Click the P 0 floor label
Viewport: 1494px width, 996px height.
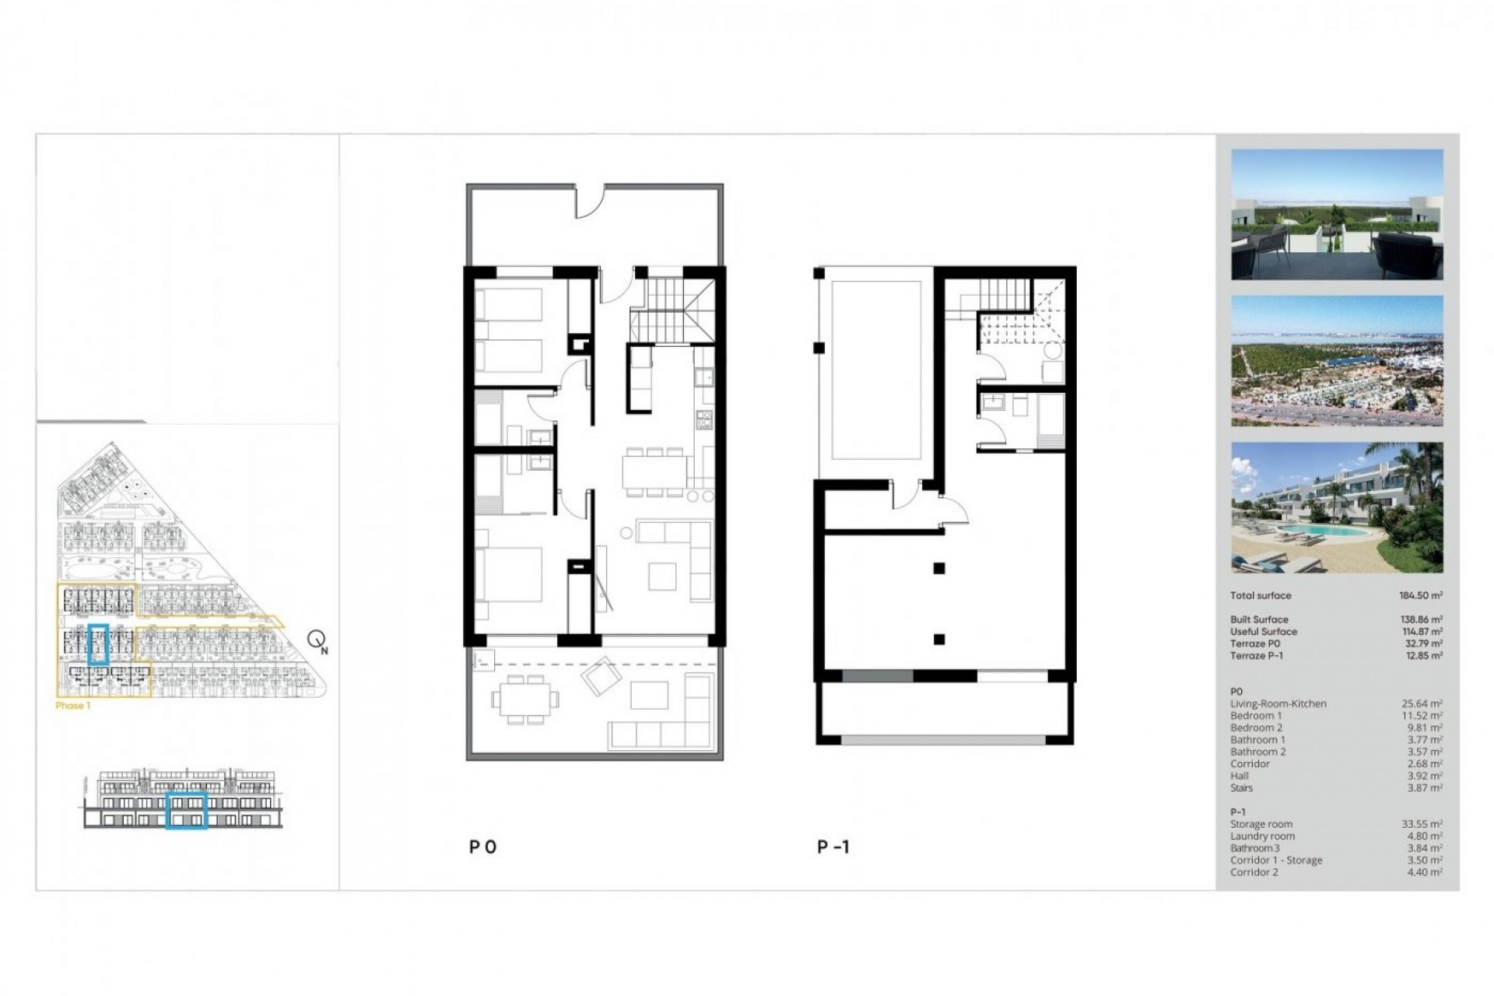point(482,847)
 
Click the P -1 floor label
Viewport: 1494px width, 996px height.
point(833,847)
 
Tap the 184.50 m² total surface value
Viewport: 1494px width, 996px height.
point(1420,595)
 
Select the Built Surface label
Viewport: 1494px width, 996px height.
point(1259,619)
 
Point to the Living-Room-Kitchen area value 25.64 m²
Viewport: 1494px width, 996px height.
point(1422,703)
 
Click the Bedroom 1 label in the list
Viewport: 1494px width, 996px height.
point(1256,716)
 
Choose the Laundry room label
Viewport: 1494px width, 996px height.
point(1262,836)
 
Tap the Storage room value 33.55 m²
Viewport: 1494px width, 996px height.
point(1422,824)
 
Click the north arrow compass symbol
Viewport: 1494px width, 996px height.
point(317,640)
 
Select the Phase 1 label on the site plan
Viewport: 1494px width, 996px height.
point(73,706)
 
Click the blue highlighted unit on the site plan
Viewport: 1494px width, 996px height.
point(98,644)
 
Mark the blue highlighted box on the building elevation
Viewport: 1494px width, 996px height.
point(187,811)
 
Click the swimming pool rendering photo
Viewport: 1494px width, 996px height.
point(1337,507)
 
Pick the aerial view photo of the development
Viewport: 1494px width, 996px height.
point(1337,360)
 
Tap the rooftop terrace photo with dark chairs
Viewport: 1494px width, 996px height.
point(1337,215)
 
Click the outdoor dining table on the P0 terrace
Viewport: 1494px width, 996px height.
point(525,700)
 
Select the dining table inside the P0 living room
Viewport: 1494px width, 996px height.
point(654,471)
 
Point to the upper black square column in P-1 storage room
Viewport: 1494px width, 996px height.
point(939,569)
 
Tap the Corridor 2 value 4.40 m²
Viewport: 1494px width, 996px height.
point(1422,872)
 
